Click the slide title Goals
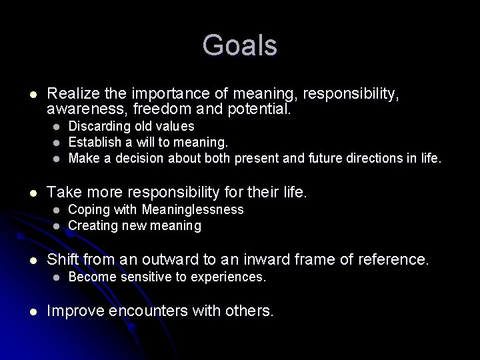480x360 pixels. click(x=239, y=46)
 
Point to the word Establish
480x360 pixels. click(x=94, y=142)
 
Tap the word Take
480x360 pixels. click(x=63, y=193)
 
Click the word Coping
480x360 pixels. click(x=87, y=210)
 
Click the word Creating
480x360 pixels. click(x=93, y=226)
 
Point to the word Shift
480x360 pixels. click(x=63, y=259)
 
